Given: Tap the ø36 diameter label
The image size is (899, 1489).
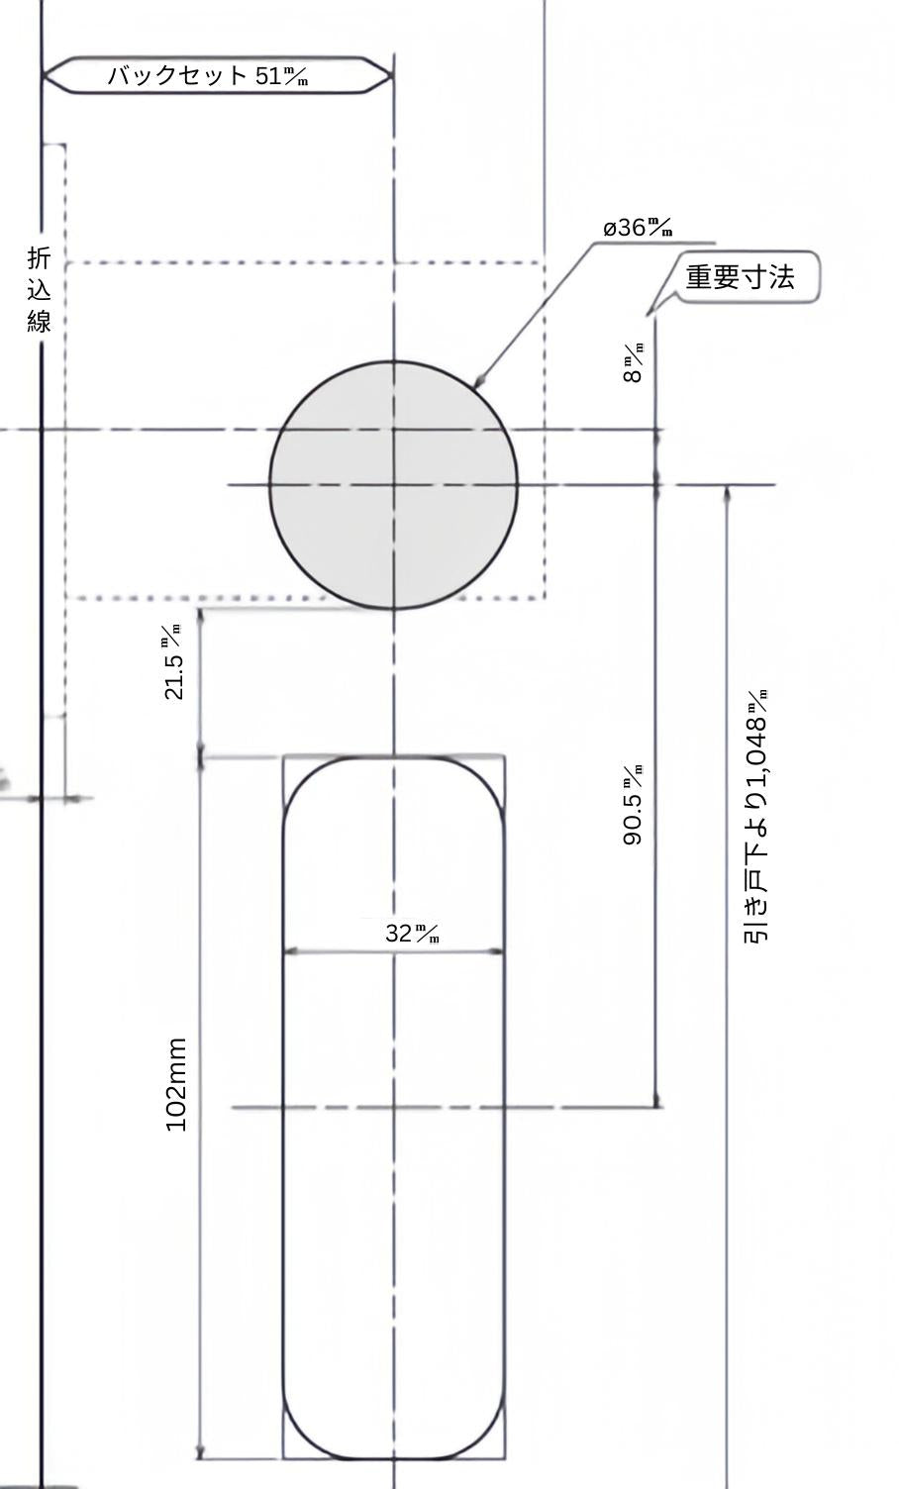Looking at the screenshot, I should pyautogui.click(x=639, y=228).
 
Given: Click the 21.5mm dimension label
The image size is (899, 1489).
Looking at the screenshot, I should pyautogui.click(x=173, y=662).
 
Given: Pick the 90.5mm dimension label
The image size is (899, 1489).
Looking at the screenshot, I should pyautogui.click(x=633, y=805).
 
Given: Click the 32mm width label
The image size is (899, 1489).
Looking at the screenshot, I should pyautogui.click(x=412, y=933).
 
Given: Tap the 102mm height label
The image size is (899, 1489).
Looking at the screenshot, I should pyautogui.click(x=176, y=1085).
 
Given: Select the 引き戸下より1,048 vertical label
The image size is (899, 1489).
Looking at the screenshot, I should pyautogui.click(x=756, y=816).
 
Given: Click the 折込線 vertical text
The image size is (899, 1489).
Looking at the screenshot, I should pyautogui.click(x=39, y=289).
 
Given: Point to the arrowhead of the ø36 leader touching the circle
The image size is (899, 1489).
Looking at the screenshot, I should pyautogui.click(x=478, y=383).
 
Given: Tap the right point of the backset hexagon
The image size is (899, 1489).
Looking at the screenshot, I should pyautogui.click(x=390, y=75).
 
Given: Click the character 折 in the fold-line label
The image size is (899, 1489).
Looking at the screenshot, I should pyautogui.click(x=39, y=258).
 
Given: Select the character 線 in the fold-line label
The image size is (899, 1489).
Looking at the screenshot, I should pyautogui.click(x=39, y=320).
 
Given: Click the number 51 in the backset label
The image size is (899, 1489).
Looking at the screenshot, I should pyautogui.click(x=268, y=75).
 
